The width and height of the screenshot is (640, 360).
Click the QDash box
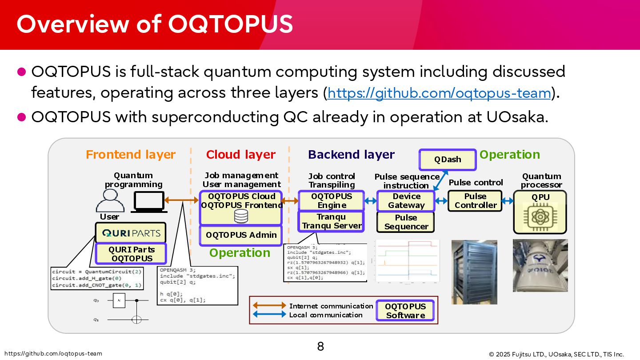tap(448, 160)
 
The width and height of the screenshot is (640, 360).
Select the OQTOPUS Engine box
tap(332, 201)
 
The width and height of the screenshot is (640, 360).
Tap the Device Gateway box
tap(406, 201)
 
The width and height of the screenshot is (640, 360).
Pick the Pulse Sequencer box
tap(406, 222)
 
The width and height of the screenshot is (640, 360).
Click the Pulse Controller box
tap(475, 201)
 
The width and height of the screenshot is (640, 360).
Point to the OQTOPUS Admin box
tap(241, 235)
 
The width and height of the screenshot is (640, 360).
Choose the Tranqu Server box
tap(332, 221)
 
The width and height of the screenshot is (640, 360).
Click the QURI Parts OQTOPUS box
tap(131, 254)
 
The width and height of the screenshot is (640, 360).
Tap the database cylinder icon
tap(241, 216)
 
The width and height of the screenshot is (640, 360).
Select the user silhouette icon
tap(110, 201)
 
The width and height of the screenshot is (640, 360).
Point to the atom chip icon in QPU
tap(540, 216)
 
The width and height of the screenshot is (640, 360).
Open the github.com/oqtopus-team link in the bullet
tap(439, 93)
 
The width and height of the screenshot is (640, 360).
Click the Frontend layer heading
tap(131, 155)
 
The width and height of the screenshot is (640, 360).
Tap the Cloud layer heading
tap(241, 155)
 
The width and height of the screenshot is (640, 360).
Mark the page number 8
tap(320, 346)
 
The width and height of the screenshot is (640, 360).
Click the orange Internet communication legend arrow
tap(269, 306)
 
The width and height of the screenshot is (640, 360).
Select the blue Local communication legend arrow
tap(269, 315)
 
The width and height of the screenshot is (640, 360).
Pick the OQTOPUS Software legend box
tap(405, 311)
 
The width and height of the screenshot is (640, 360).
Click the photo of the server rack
tap(474, 272)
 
